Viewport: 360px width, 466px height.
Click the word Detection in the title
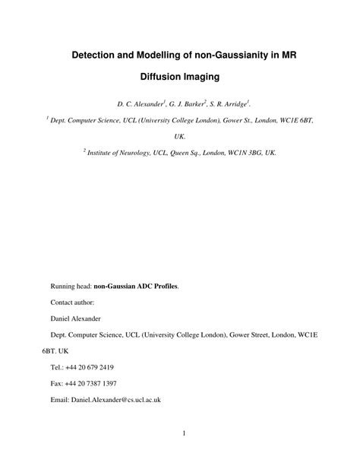[x=97, y=55]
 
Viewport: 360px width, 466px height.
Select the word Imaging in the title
[x=201, y=77]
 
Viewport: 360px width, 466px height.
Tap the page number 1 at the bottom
[x=184, y=434]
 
